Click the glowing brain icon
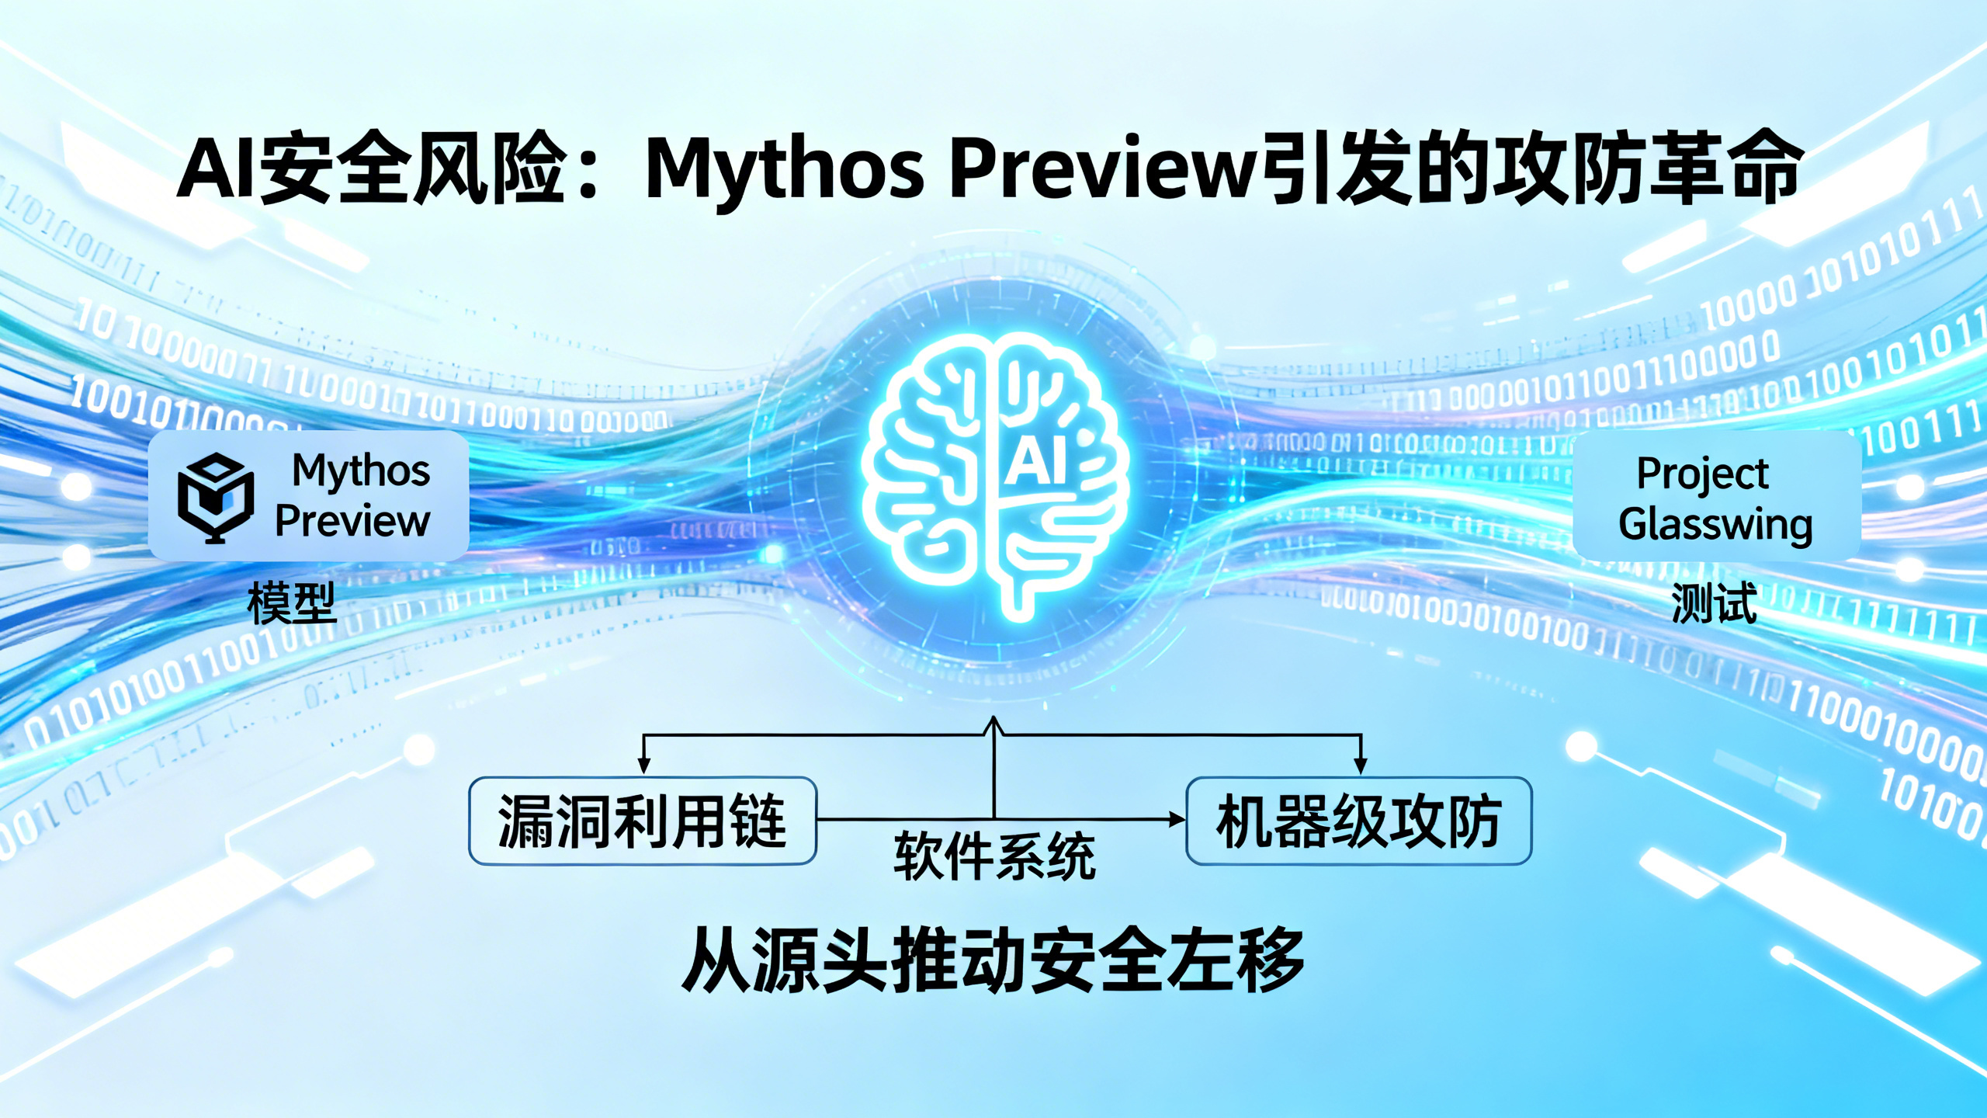pos(994,474)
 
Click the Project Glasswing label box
pos(1717,497)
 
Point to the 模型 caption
pos(291,604)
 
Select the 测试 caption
pos(1715,604)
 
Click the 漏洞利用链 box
pos(643,821)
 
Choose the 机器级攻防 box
pos(1358,821)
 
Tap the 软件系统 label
pos(994,856)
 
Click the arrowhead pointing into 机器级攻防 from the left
pos(1177,819)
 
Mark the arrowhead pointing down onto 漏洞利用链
pos(643,766)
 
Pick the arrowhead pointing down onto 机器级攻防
pos(1360,766)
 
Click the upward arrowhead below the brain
pos(994,725)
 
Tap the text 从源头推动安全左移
pos(993,960)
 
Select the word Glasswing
pos(1715,524)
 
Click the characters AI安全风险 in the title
pos(373,168)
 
